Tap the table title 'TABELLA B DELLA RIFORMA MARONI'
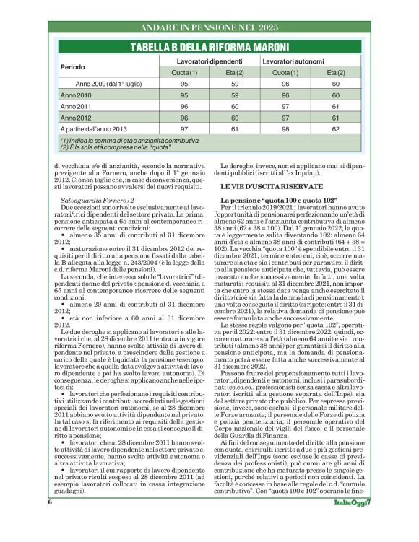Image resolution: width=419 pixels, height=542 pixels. [209, 48]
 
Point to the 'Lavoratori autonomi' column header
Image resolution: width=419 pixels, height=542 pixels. [293, 62]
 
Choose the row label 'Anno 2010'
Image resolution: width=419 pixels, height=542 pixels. [76, 95]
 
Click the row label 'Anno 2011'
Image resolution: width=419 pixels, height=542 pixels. [76, 106]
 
